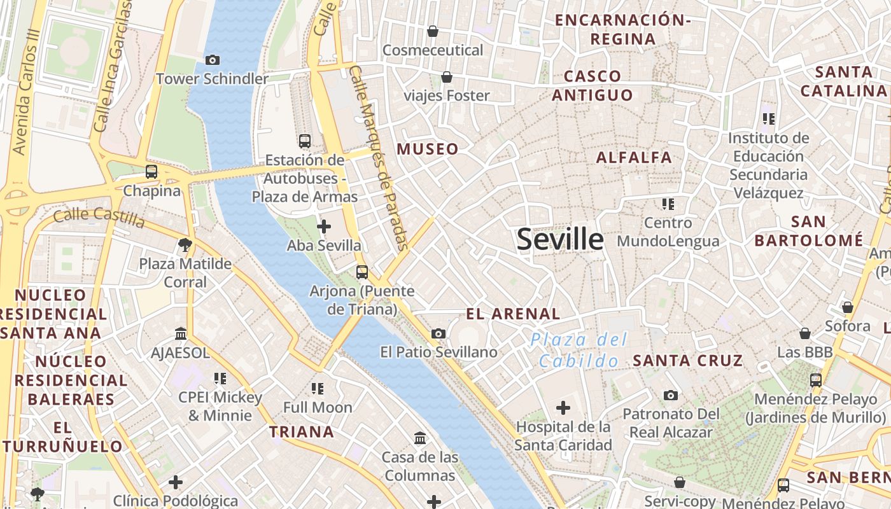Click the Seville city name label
(560, 239)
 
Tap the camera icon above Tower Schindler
(213, 60)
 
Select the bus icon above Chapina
(151, 172)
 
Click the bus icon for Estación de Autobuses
(305, 141)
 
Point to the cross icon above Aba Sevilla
(324, 227)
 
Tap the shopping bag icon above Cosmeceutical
(433, 31)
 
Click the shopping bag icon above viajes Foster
(447, 77)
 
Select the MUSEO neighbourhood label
(428, 150)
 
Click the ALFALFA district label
(634, 158)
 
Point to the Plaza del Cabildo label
(579, 351)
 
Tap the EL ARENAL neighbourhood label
(513, 314)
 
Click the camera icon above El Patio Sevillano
(438, 334)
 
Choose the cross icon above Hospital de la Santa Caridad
(563, 408)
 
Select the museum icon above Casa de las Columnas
(420, 438)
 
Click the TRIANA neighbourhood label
(302, 433)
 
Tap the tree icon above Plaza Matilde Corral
(185, 244)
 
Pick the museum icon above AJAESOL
(181, 334)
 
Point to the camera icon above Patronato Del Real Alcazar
(671, 396)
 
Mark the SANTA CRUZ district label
(687, 361)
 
